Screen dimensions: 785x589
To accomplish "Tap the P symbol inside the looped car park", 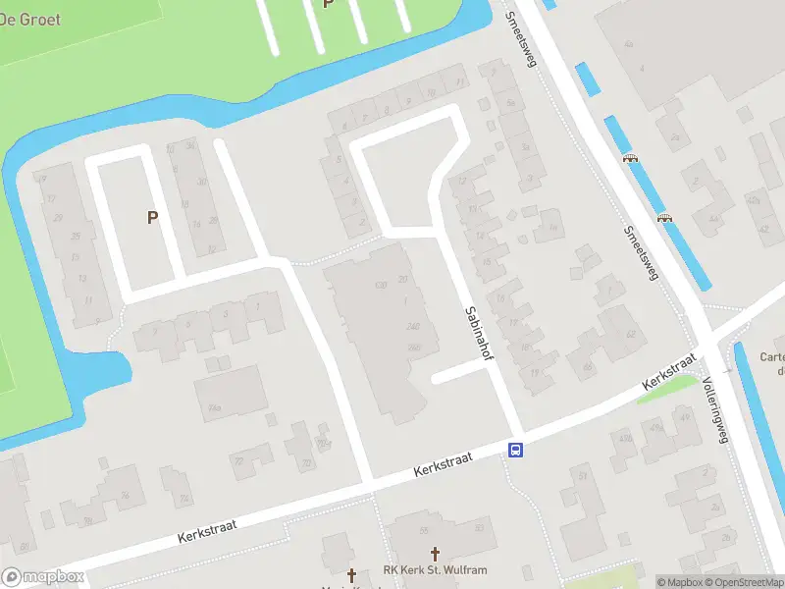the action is coord(152,217).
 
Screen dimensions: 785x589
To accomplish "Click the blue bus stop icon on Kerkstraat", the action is coord(515,451).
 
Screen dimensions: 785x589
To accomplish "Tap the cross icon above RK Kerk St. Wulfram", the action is coord(436,555).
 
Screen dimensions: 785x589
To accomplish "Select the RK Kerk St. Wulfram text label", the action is coord(435,570).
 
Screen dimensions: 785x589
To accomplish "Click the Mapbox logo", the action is coord(42,577).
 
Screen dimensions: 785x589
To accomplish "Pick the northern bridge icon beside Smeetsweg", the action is coord(630,158).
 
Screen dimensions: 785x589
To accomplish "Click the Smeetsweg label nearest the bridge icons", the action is coord(639,253).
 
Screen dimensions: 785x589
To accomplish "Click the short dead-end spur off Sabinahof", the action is coord(455,374).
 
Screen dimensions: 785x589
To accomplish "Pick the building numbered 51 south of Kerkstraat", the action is coord(583,478).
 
